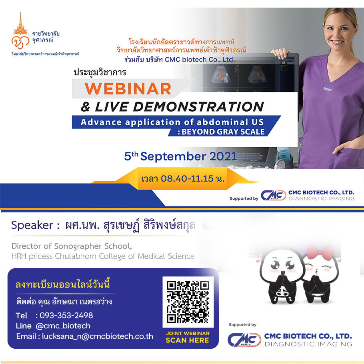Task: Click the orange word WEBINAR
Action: [128, 89]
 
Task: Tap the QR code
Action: [188, 302]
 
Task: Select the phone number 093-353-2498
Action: [66, 315]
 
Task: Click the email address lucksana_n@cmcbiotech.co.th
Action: [98, 336]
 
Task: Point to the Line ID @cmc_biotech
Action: [63, 326]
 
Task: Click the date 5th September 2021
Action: [180, 156]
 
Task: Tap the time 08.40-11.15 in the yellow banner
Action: [187, 178]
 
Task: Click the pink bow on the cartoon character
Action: [320, 252]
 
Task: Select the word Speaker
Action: [32, 225]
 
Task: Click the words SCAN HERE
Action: [187, 340]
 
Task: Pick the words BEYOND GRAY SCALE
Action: [223, 132]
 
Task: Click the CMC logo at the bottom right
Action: [244, 339]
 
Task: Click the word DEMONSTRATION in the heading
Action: [198, 107]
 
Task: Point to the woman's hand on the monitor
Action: [281, 53]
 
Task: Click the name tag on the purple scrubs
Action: [328, 89]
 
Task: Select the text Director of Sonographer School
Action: [72, 246]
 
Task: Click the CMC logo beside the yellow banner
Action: [274, 195]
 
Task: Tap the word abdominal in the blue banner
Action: [222, 122]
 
